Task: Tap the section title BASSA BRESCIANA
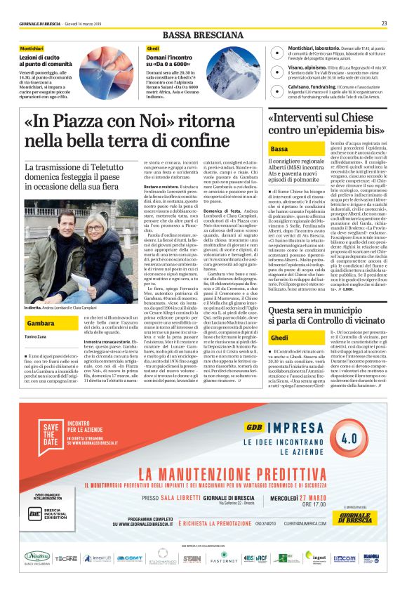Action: click(203, 35)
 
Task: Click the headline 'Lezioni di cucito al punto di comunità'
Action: click(46, 60)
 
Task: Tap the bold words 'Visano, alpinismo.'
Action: click(292, 70)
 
